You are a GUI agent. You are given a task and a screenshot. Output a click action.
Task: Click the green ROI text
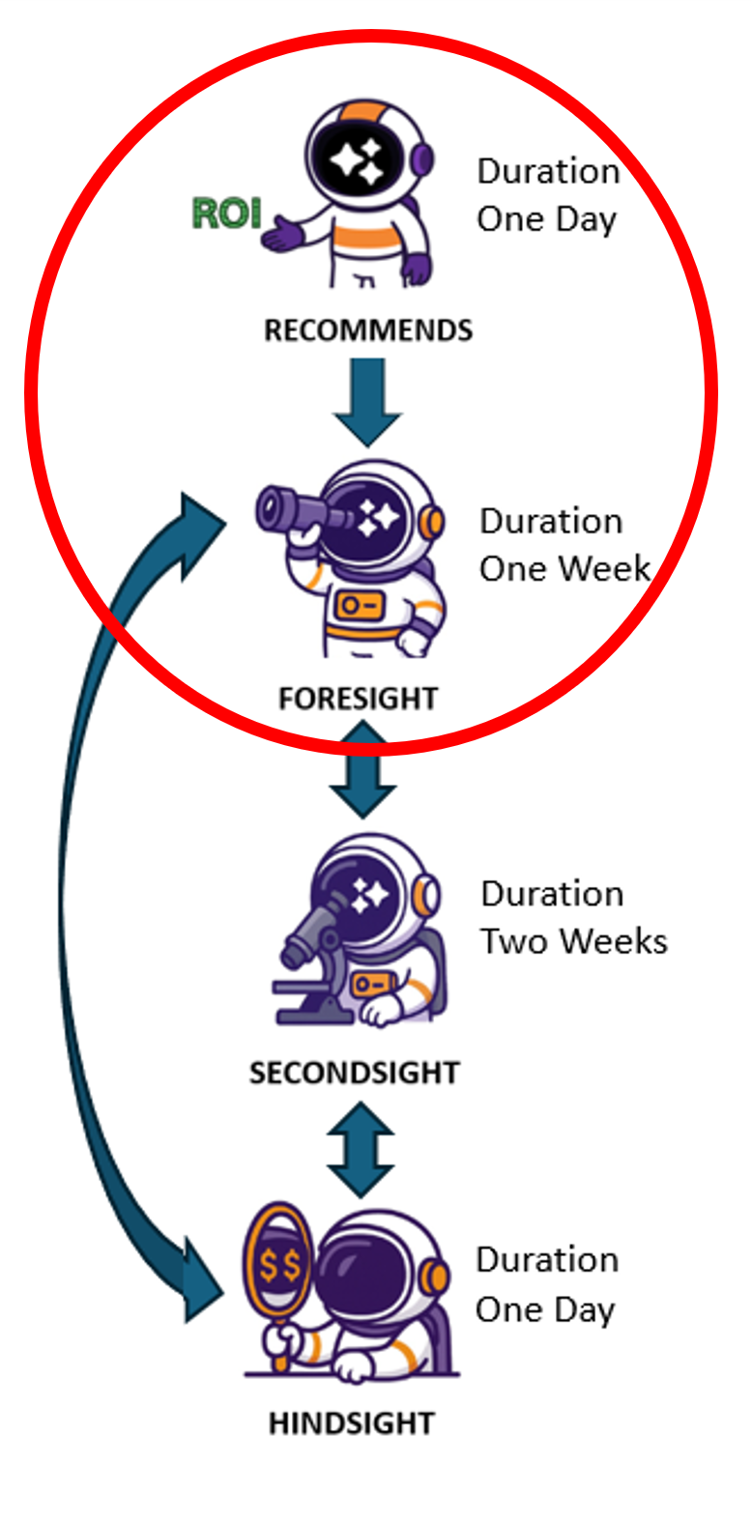point(227,214)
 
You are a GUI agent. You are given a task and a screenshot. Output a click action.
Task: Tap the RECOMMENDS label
point(368,330)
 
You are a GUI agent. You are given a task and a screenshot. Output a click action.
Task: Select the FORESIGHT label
point(358,698)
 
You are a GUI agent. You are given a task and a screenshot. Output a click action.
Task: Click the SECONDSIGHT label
point(354,1073)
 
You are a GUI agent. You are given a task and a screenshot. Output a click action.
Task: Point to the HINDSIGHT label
point(351,1422)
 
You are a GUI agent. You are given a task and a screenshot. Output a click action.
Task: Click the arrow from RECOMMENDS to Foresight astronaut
point(367,401)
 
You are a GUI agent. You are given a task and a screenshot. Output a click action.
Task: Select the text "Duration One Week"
point(564,545)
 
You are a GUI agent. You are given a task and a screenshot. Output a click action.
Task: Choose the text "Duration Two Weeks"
point(573,917)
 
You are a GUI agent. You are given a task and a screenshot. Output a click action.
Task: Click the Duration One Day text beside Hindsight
point(546,1284)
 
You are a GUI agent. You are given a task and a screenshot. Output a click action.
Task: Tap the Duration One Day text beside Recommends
point(548,194)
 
